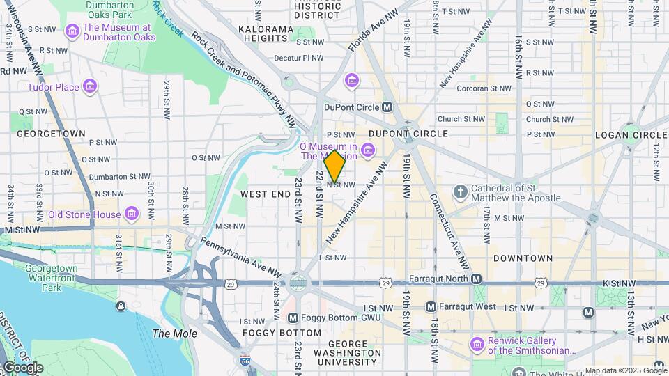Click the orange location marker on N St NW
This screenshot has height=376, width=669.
[334, 166]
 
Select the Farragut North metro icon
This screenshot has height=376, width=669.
[476, 279]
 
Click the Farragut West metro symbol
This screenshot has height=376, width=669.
[431, 306]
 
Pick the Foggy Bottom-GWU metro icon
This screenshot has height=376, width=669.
[293, 318]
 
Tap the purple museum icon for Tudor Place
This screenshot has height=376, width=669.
[89, 87]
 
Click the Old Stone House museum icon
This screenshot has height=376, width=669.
[132, 214]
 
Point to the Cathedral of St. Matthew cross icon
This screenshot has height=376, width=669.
[460, 191]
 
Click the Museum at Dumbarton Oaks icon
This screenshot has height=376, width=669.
[72, 31]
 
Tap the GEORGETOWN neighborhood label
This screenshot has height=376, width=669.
[51, 133]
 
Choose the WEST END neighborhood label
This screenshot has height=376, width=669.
[266, 194]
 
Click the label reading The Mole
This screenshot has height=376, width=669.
[169, 334]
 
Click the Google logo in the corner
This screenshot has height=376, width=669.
[23, 368]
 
